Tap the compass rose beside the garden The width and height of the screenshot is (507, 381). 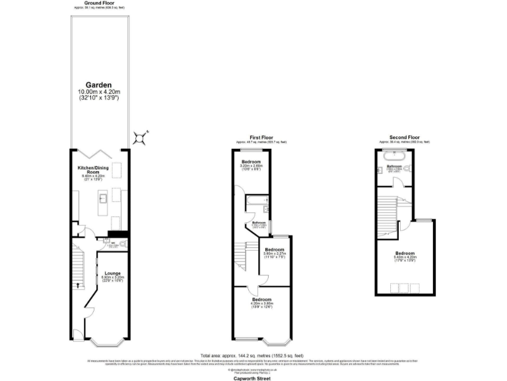[x=140, y=138]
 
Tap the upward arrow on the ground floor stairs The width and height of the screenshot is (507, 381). [x=77, y=285]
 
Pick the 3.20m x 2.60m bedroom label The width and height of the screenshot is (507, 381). [x=251, y=165]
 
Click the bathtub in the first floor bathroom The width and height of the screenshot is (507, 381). [x=254, y=199]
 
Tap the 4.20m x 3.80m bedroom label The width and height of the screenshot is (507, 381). [x=262, y=303]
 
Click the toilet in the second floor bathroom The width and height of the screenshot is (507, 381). [x=410, y=169]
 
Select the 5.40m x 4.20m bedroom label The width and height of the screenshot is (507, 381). [x=405, y=255]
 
